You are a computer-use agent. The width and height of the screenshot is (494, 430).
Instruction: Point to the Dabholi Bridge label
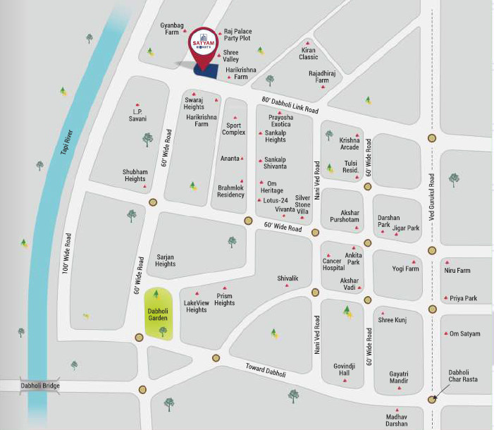pyautogui.click(x=39, y=386)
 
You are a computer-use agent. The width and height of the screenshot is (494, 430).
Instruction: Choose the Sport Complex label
pyautogui.click(x=233, y=128)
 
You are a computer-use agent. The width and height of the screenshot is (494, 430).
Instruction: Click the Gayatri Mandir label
pyautogui.click(x=399, y=378)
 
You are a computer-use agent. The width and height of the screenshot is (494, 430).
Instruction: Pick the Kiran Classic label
pyautogui.click(x=309, y=53)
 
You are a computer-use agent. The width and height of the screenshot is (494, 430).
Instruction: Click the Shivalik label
pyautogui.click(x=288, y=278)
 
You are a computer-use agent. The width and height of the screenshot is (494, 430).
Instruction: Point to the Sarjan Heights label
pyautogui.click(x=165, y=261)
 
